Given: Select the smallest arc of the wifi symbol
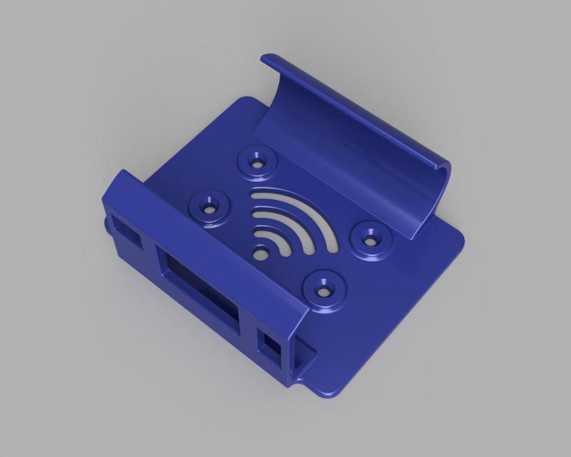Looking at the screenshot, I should [x=279, y=241].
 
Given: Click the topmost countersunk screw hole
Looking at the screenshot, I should [x=257, y=161].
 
